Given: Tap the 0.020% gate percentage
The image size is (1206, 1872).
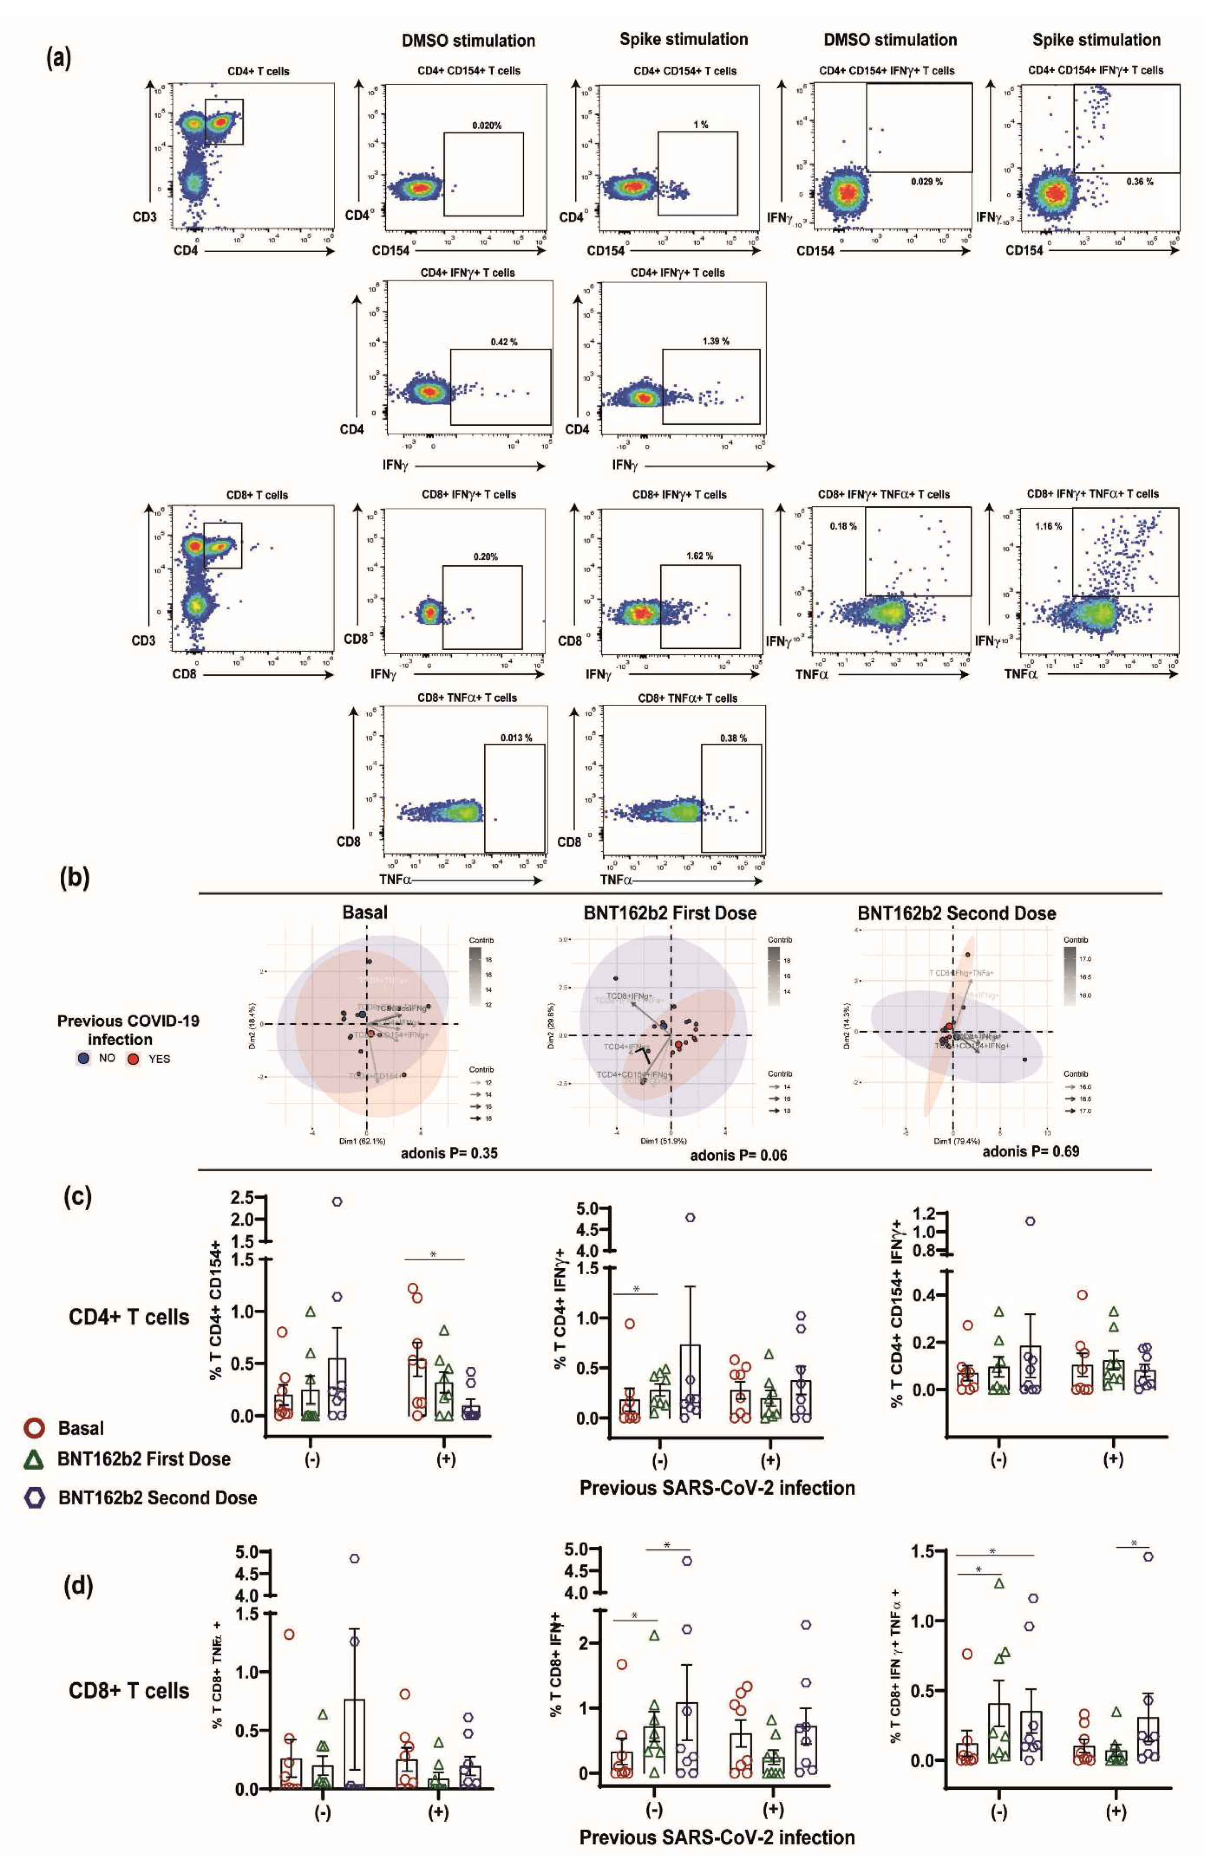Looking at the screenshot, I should click(486, 125).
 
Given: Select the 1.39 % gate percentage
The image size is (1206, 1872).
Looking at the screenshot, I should click(715, 341).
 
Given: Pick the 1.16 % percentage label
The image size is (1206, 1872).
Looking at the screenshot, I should click(1048, 526).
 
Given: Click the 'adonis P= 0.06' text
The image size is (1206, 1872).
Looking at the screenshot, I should click(738, 1155).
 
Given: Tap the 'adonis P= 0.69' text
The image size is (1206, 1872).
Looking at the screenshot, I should click(1030, 1151).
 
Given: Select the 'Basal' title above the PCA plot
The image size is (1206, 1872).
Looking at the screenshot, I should click(365, 913).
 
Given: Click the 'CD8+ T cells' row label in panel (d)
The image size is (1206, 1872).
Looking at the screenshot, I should click(129, 1691).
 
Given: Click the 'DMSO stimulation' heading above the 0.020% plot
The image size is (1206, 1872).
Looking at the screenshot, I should click(468, 41).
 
